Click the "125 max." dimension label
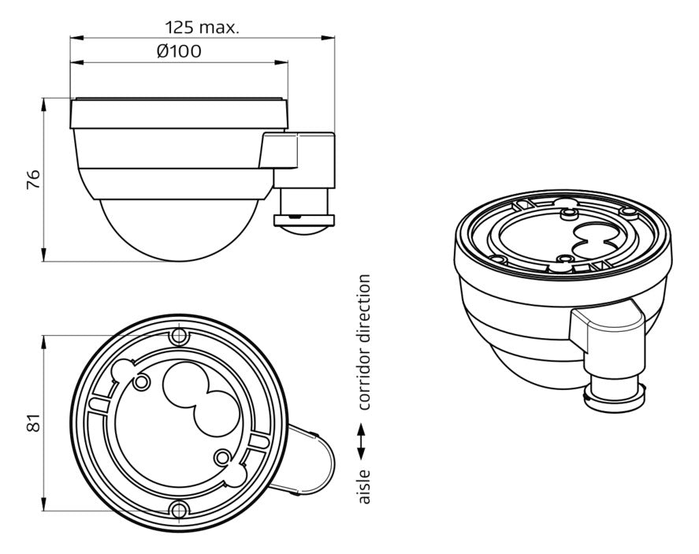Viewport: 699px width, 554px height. [203, 28]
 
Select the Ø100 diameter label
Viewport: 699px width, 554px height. [179, 51]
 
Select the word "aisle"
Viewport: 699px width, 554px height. [364, 487]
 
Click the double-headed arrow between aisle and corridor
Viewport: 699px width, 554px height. [361, 441]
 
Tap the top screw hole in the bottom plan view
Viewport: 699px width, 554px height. [179, 336]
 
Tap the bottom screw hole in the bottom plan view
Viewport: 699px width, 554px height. [179, 509]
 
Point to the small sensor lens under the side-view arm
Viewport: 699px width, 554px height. [303, 230]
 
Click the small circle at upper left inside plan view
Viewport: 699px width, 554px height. [142, 381]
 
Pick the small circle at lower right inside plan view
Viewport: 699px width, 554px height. [222, 457]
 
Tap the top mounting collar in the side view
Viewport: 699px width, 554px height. [179, 114]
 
